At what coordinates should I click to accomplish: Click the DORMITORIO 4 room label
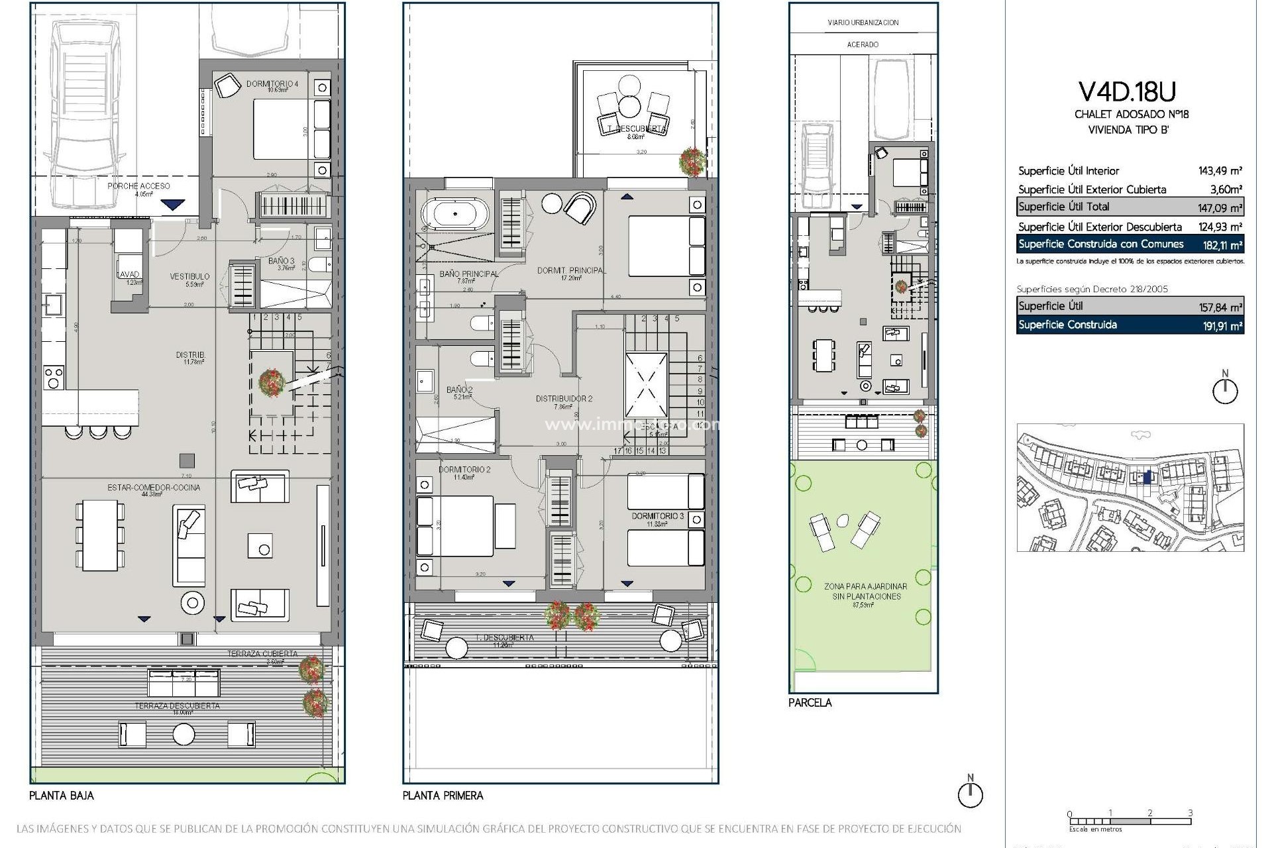[272, 84]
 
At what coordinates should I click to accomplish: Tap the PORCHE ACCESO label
[138, 186]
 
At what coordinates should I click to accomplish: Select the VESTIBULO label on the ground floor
[189, 276]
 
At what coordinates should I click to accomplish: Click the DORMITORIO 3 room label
[657, 515]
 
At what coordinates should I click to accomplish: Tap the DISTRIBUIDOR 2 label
[564, 399]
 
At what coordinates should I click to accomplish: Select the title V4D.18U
[1131, 91]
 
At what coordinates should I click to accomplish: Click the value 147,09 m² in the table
[1219, 208]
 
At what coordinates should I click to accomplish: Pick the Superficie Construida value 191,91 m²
[1219, 326]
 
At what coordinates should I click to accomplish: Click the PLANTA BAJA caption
[62, 796]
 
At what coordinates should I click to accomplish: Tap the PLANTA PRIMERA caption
[443, 796]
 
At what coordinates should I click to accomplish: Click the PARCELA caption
[810, 703]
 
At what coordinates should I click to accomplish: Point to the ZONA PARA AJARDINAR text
[865, 587]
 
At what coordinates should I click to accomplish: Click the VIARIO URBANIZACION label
[863, 23]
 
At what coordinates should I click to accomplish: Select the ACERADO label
[863, 44]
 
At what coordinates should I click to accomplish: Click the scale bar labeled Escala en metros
[1130, 822]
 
